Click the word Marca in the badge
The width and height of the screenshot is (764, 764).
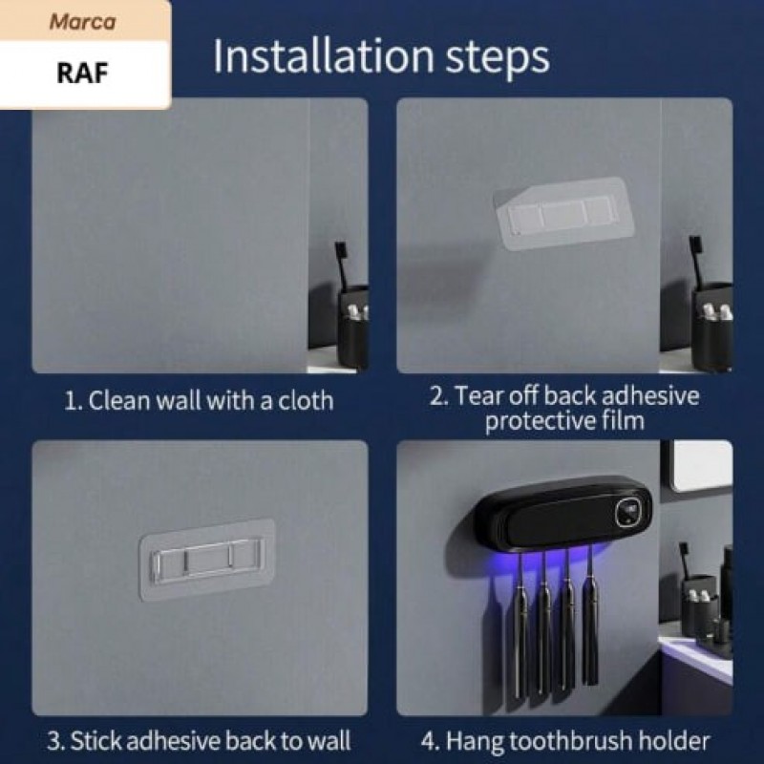pyautogui.click(x=82, y=22)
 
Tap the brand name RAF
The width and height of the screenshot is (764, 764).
pyautogui.click(x=82, y=74)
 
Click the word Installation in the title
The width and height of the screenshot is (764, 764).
pyautogui.click(x=324, y=56)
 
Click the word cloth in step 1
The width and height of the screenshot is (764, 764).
pyautogui.click(x=306, y=400)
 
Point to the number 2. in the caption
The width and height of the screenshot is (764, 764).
pyautogui.click(x=438, y=395)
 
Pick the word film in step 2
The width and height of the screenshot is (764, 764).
pyautogui.click(x=624, y=419)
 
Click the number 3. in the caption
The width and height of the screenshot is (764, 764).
pyautogui.click(x=56, y=741)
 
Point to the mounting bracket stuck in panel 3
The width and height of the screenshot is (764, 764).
pyautogui.click(x=207, y=560)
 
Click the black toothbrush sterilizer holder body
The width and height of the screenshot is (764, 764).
pyautogui.click(x=562, y=515)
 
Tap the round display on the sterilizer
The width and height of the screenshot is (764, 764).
pyautogui.click(x=627, y=513)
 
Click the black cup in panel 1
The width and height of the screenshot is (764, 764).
pyautogui.click(x=352, y=329)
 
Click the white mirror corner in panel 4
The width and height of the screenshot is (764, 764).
pyautogui.click(x=702, y=466)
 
